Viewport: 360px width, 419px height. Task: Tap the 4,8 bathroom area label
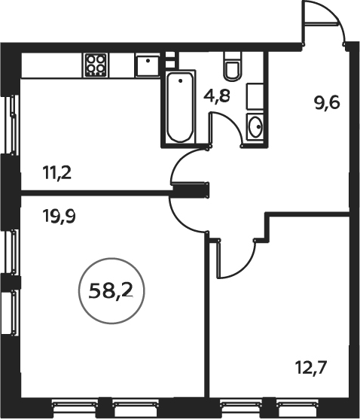[x=217, y=96]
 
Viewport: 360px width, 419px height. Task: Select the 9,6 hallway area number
[x=327, y=102]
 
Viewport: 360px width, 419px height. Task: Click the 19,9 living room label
[x=59, y=216]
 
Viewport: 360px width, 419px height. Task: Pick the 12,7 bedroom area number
[x=311, y=368]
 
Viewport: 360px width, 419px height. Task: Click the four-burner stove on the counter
[x=96, y=65]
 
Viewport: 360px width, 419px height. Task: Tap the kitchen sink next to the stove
[x=148, y=65]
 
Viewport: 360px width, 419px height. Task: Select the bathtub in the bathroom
[x=181, y=108]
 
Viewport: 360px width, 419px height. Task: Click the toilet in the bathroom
[x=233, y=66]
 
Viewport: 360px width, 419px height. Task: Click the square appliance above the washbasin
[x=255, y=96]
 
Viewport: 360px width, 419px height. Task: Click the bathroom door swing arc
[x=235, y=123]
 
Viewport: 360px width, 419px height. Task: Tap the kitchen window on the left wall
[x=13, y=125]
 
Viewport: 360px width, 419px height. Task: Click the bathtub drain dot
[x=181, y=80]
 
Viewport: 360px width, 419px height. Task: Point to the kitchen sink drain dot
[x=148, y=61]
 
